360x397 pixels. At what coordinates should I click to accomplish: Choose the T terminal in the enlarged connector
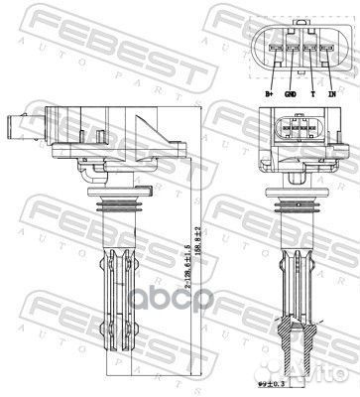[x=307, y=46]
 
